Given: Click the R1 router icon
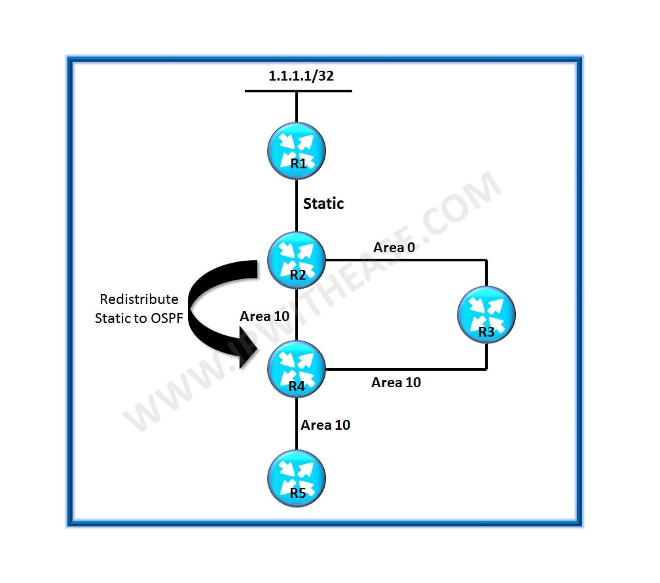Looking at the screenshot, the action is (297, 151).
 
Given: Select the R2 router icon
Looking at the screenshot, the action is (297, 260).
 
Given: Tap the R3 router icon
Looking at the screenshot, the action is (486, 314).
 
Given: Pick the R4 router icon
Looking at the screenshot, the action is (297, 369).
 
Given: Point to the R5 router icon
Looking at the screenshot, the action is (297, 479).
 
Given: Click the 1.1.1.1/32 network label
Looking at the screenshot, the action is (301, 76).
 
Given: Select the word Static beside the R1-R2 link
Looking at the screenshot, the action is (323, 204).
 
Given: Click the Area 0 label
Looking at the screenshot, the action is (394, 247).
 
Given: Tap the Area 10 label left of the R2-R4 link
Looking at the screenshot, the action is (265, 316).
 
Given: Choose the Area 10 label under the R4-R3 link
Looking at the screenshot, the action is (396, 382).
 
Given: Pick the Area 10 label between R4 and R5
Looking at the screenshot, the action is (325, 424).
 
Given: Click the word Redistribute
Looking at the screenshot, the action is (139, 299).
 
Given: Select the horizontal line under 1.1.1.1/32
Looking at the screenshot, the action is (299, 91).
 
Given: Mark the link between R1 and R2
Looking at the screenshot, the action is (297, 206).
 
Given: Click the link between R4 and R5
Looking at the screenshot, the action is (297, 424).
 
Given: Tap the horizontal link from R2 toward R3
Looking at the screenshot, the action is (406, 260).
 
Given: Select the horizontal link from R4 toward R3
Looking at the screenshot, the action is (406, 369).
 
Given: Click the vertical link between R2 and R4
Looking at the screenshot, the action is (297, 314).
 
